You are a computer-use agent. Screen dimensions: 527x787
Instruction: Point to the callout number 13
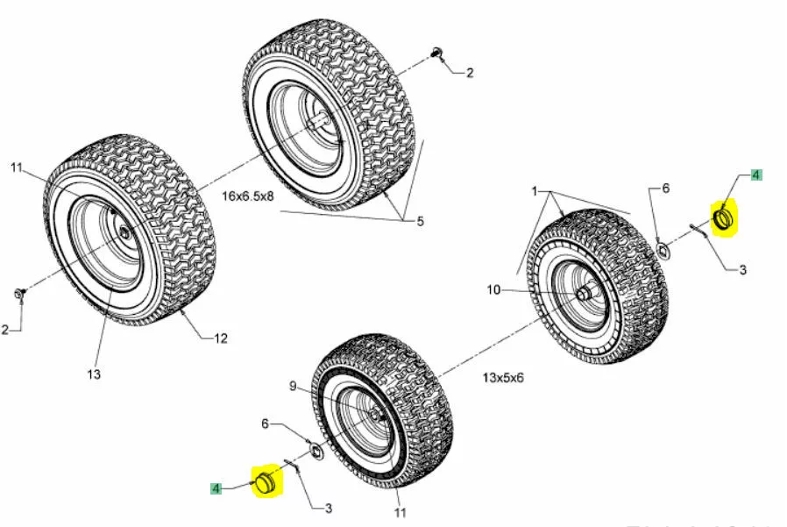coord(94,374)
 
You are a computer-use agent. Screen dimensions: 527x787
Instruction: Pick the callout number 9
coord(293,386)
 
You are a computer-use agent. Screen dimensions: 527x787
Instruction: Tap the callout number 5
coord(420,222)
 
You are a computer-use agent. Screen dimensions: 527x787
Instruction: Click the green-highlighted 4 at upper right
coord(755,175)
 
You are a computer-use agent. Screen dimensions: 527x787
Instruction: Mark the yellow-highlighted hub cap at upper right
coord(724,217)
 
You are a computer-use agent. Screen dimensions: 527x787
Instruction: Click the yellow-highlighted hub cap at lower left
coord(265,481)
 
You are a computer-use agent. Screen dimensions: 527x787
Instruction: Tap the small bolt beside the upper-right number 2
coord(436,54)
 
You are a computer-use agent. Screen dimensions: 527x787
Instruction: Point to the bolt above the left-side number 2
coord(19,291)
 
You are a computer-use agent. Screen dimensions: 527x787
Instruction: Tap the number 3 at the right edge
coord(742,270)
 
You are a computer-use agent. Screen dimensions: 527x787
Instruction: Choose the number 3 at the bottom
coord(329,508)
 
